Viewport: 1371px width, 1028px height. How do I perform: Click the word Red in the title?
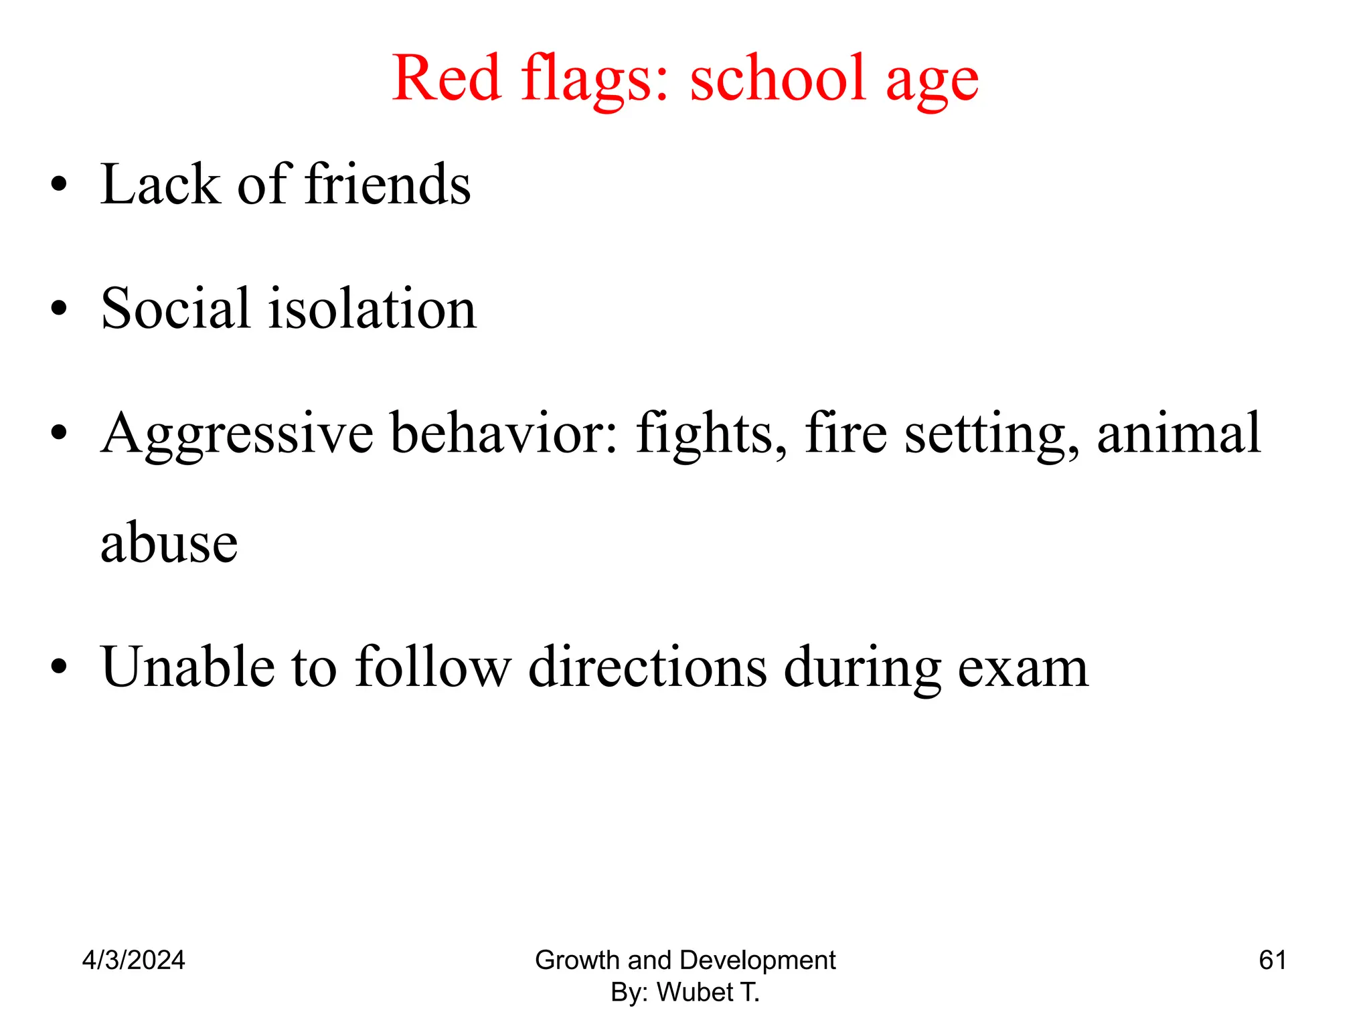[447, 78]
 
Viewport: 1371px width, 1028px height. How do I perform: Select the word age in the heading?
[932, 84]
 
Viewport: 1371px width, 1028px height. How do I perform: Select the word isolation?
[372, 309]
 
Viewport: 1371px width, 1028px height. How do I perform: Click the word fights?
[712, 436]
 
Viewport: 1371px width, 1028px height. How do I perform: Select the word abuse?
[169, 542]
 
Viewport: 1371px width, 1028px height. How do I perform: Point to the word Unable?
[187, 667]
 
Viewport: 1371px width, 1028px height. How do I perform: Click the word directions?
[647, 667]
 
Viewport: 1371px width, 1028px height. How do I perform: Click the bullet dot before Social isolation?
[59, 309]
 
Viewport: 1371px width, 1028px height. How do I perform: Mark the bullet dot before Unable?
[59, 667]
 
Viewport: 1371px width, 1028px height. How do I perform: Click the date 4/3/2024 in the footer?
[133, 960]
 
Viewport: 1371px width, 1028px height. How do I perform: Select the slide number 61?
[1272, 960]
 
